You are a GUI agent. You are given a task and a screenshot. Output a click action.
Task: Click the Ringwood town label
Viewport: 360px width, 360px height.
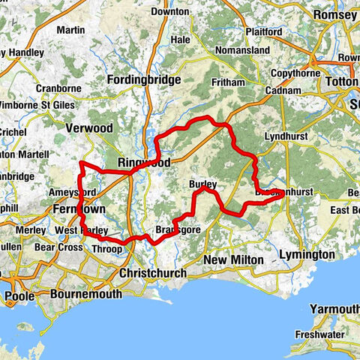pyautogui.click(x=144, y=163)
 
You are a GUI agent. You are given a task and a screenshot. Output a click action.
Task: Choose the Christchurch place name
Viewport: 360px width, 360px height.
pyautogui.click(x=152, y=273)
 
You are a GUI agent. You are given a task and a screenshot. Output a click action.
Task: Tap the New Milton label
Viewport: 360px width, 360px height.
pyautogui.click(x=234, y=259)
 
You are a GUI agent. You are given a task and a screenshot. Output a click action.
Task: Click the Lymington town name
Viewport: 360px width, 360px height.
pyautogui.click(x=307, y=255)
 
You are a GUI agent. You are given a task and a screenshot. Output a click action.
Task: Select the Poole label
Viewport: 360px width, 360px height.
pyautogui.click(x=20, y=296)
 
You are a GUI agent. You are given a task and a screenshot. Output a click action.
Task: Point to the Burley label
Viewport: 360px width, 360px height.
pyautogui.click(x=203, y=184)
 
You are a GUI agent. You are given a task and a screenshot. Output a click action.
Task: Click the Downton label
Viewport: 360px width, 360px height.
pyautogui.click(x=169, y=12)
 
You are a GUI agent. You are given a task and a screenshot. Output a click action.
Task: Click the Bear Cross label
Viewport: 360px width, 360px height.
pyautogui.click(x=58, y=246)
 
